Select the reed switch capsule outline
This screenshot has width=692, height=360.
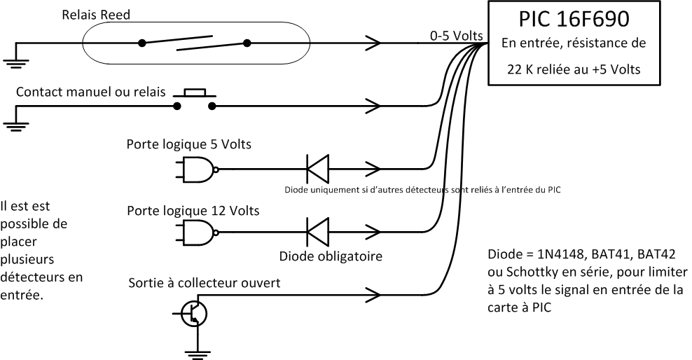[x=195, y=43]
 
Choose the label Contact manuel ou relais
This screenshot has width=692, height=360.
[x=90, y=92]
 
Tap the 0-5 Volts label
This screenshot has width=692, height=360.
[x=455, y=35]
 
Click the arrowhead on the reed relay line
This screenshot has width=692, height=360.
[x=372, y=43]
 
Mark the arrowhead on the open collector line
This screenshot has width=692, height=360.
[x=372, y=293]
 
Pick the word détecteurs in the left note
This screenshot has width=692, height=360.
[x=29, y=277]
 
